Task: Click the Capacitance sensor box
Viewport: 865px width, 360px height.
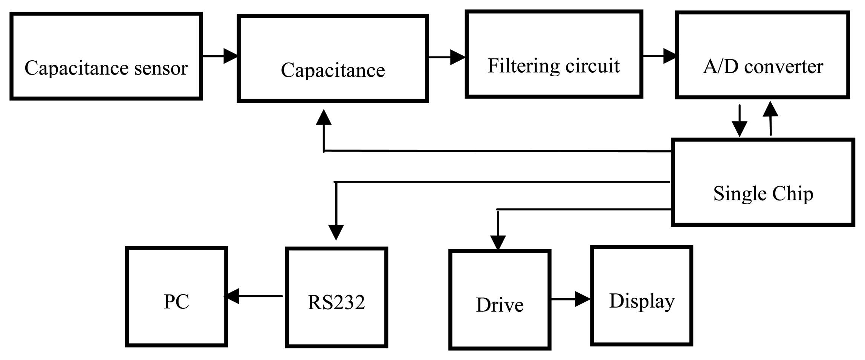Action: coord(106,56)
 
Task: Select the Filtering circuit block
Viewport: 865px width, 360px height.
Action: coord(554,54)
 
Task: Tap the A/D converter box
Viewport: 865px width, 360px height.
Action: coord(763,55)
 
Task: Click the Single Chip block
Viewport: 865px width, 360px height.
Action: coord(763,182)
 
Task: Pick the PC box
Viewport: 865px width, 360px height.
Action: coord(176,296)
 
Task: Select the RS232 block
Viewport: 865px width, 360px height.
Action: coord(336,297)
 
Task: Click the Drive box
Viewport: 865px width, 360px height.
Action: coord(500,300)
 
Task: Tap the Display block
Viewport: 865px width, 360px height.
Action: coord(642,295)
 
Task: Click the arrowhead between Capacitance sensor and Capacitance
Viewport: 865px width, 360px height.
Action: coord(231,56)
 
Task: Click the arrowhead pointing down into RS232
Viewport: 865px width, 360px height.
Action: coord(336,232)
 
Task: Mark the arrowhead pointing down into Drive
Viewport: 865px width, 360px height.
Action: coord(498,242)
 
